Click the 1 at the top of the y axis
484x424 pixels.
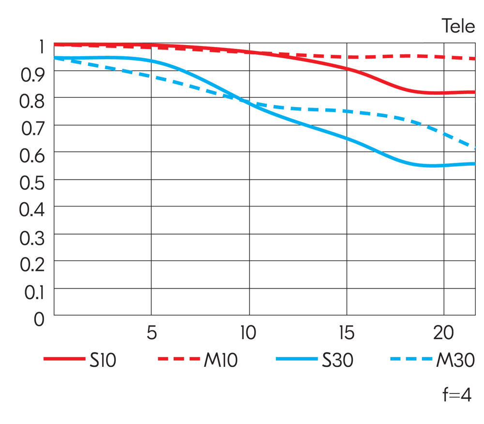(x=41, y=47)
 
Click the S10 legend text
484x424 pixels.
(x=103, y=361)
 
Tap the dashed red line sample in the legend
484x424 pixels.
(x=179, y=360)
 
